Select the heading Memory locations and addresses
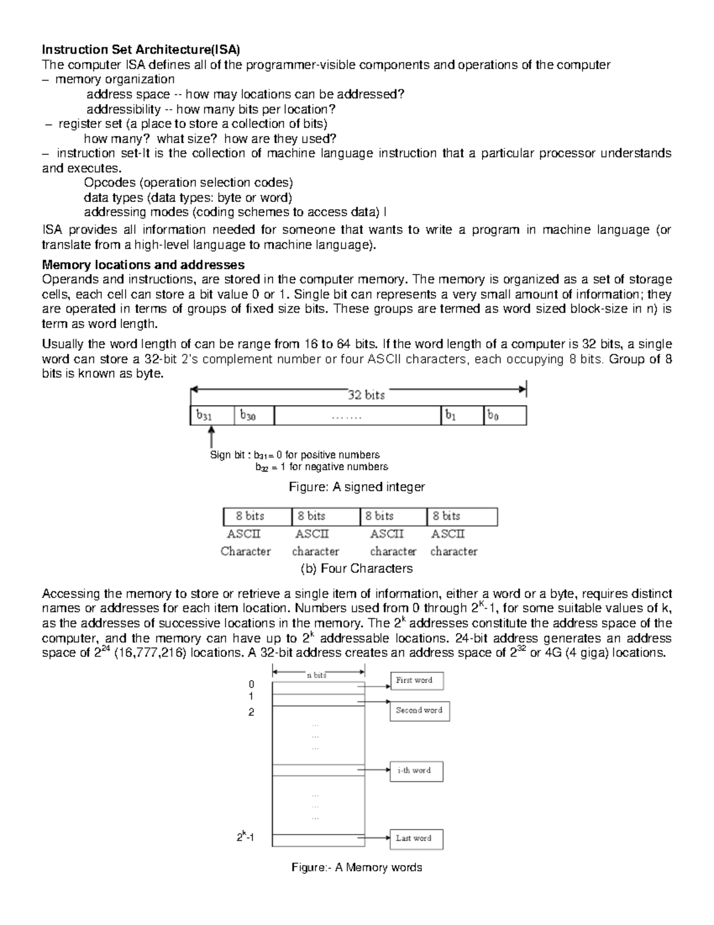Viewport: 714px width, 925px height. [143, 264]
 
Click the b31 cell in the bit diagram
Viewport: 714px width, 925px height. [212, 416]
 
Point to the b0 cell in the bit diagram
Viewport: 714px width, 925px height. [505, 416]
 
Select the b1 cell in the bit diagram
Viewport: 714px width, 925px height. [462, 416]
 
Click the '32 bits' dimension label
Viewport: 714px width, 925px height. [366, 395]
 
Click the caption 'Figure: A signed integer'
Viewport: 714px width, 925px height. [356, 487]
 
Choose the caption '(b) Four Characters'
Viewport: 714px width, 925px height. [356, 568]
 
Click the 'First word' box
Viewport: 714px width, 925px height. [416, 681]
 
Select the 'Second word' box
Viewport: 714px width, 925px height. [419, 711]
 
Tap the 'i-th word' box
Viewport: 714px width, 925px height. [416, 771]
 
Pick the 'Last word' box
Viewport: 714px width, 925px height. [416, 839]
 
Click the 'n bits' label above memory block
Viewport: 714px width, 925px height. [317, 675]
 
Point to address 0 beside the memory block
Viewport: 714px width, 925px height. [251, 684]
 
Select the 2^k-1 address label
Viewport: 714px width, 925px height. [245, 837]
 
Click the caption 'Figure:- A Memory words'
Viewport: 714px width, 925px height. [356, 867]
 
